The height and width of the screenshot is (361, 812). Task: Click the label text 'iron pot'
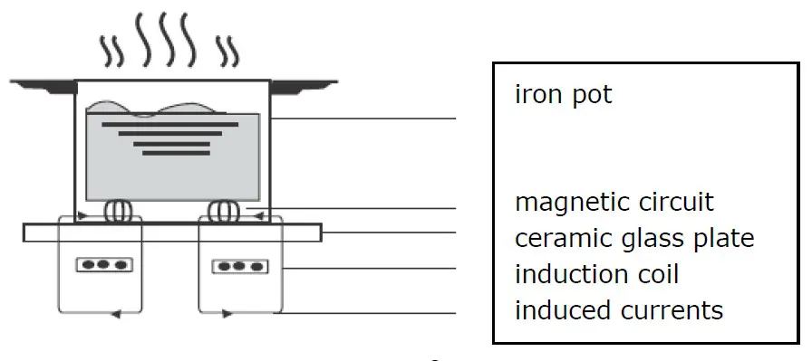click(563, 94)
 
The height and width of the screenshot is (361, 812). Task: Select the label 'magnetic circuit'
click(614, 202)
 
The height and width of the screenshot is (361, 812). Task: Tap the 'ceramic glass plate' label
click(634, 238)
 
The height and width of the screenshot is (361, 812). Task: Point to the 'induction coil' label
click(596, 273)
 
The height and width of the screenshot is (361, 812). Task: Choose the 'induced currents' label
click(619, 310)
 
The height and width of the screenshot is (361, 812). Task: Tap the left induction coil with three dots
click(101, 265)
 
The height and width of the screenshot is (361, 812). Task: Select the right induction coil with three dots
click(239, 267)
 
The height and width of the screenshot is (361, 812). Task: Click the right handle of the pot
click(299, 87)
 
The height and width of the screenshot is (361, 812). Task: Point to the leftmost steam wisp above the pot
click(112, 52)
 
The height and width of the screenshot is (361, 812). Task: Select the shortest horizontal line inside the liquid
click(169, 153)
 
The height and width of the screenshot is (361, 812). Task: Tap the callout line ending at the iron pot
click(362, 119)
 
